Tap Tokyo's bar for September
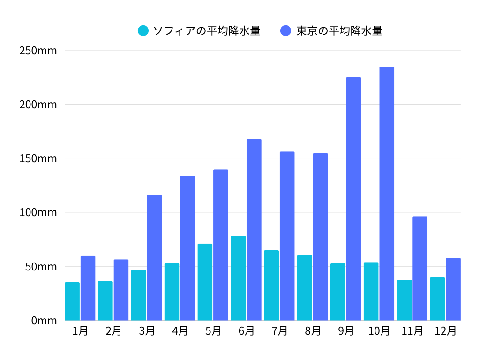pos(353,199)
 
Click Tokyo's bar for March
pos(154,258)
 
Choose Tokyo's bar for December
pos(453,289)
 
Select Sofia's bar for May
pos(205,282)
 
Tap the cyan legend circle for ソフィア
pos(143,31)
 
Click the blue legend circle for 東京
pos(286,31)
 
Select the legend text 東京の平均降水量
pos(339,31)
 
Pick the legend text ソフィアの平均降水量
pos(207,31)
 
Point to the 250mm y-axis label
pos(38,50)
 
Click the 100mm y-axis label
pos(38,212)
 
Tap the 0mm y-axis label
pos(44,321)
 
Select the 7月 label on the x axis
pos(279,331)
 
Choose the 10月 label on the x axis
pos(379,331)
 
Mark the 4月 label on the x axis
pos(180,331)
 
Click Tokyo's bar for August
pos(321,237)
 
